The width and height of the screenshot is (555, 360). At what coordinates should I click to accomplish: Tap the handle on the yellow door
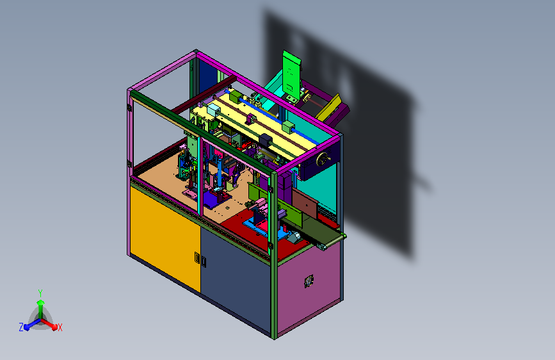point(197,258)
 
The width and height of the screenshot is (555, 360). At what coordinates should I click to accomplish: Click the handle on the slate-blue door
point(204,261)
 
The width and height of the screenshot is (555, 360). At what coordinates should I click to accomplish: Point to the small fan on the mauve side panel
point(309,281)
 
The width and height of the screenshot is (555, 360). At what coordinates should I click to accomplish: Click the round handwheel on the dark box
point(323,159)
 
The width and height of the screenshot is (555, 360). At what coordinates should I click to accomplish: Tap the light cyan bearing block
point(214,110)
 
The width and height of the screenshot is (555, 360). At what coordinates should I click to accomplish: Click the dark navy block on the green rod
point(266,139)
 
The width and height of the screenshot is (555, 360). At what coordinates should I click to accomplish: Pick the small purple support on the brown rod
point(251,119)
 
